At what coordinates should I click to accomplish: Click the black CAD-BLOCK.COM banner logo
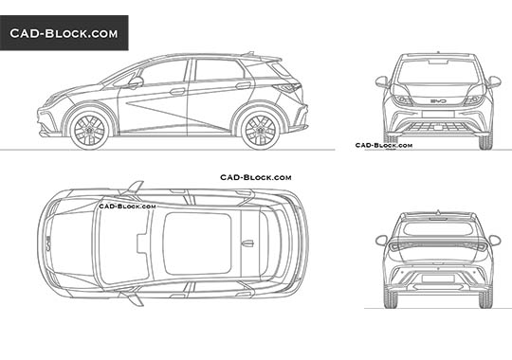64,33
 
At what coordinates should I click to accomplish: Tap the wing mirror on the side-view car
135,83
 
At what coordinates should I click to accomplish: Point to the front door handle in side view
178,92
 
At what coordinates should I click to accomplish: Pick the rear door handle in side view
244,86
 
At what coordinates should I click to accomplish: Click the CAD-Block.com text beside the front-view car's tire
383,145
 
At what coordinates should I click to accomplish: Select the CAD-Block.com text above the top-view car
255,177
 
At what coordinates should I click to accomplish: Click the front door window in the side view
165,73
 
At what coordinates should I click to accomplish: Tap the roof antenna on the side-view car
248,52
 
